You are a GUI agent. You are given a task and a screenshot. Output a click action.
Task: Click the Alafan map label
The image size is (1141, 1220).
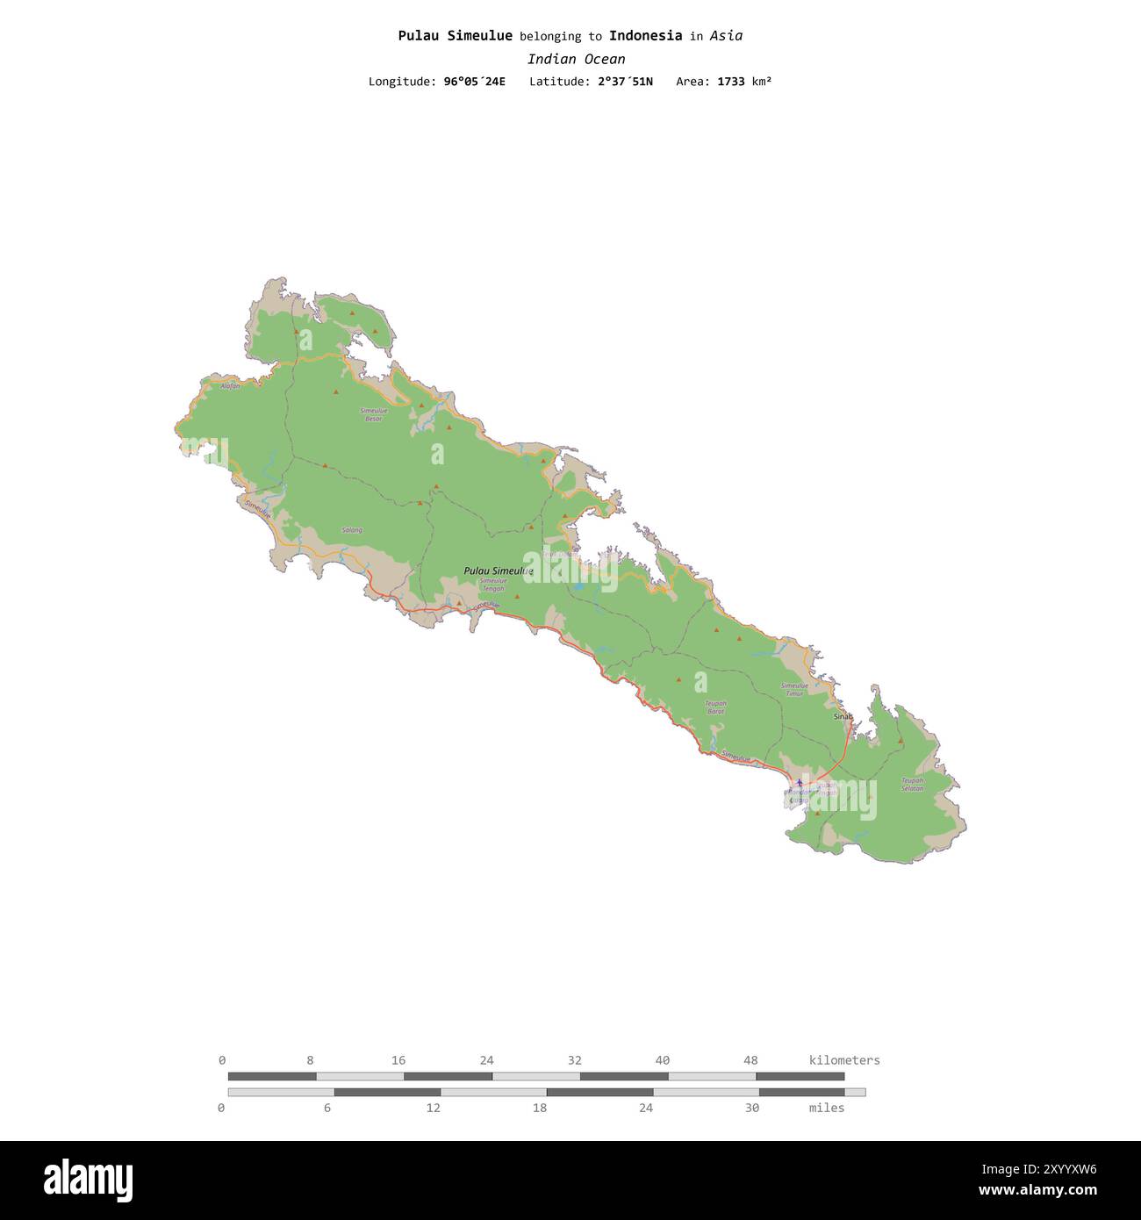tap(230, 386)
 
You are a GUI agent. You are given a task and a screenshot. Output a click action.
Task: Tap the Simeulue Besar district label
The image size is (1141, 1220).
tap(373, 414)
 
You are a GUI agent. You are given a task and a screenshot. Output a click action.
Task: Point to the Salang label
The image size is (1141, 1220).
tap(351, 530)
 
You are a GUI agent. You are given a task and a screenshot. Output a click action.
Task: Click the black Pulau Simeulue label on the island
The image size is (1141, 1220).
tap(498, 571)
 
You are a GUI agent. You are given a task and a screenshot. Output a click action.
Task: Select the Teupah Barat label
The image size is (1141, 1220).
tap(715, 707)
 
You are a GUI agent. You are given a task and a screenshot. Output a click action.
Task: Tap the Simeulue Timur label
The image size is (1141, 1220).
tap(794, 689)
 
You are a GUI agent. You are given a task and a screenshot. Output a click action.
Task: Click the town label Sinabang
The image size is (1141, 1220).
tap(843, 716)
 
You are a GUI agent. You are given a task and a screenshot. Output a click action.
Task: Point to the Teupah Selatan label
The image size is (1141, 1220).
tap(912, 784)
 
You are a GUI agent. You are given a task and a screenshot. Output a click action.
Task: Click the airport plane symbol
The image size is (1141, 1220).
tap(799, 783)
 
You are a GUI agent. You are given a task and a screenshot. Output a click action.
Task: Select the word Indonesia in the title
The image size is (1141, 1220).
tap(645, 36)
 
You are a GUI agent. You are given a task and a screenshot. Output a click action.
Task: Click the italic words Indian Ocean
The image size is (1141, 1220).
tap(576, 59)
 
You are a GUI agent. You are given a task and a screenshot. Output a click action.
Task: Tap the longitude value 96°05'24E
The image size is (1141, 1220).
tap(474, 82)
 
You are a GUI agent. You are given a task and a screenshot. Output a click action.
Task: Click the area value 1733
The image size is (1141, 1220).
tap(730, 82)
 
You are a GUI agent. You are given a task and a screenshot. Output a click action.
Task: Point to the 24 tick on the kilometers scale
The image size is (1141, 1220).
tap(486, 1060)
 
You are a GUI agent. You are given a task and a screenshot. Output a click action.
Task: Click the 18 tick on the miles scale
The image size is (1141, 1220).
tap(539, 1108)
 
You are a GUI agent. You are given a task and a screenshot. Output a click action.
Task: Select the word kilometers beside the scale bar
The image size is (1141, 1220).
tap(843, 1060)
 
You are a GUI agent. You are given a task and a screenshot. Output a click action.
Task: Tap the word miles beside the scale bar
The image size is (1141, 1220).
tap(826, 1108)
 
